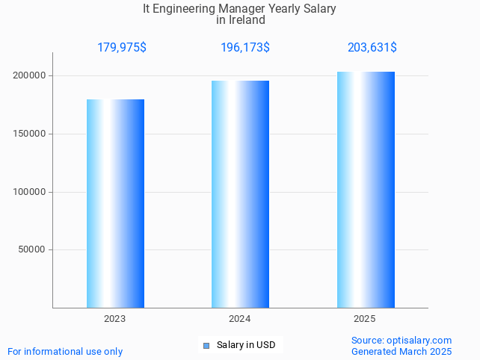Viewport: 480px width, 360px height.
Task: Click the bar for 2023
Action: tap(115, 203)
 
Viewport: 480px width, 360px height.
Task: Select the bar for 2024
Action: tap(240, 194)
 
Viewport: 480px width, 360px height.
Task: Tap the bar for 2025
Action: tap(366, 190)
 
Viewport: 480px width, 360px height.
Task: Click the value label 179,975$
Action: tap(122, 48)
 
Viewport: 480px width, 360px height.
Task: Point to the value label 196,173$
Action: tap(245, 48)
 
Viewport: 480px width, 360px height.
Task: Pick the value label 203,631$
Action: tap(372, 48)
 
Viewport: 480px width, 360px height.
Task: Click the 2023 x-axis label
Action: tap(114, 319)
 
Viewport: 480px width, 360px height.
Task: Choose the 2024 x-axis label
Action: tap(239, 319)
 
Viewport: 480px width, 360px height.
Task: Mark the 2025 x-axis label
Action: tap(365, 319)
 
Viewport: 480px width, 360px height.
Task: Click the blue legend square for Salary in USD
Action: tap(207, 345)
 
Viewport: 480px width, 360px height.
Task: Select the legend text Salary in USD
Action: tap(246, 345)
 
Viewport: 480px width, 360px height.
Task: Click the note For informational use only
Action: tap(65, 352)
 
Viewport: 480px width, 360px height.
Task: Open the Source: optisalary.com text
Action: tap(401, 341)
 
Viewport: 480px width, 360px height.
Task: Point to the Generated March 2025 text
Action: tap(401, 352)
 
